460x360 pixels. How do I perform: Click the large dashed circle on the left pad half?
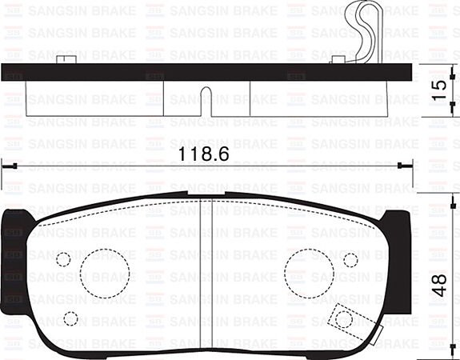(104, 272)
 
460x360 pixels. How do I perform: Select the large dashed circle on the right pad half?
(309, 272)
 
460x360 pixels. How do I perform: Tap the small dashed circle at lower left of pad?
(70, 318)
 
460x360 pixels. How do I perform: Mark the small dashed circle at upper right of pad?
(350, 259)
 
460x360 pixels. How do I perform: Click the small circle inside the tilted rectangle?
(344, 318)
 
